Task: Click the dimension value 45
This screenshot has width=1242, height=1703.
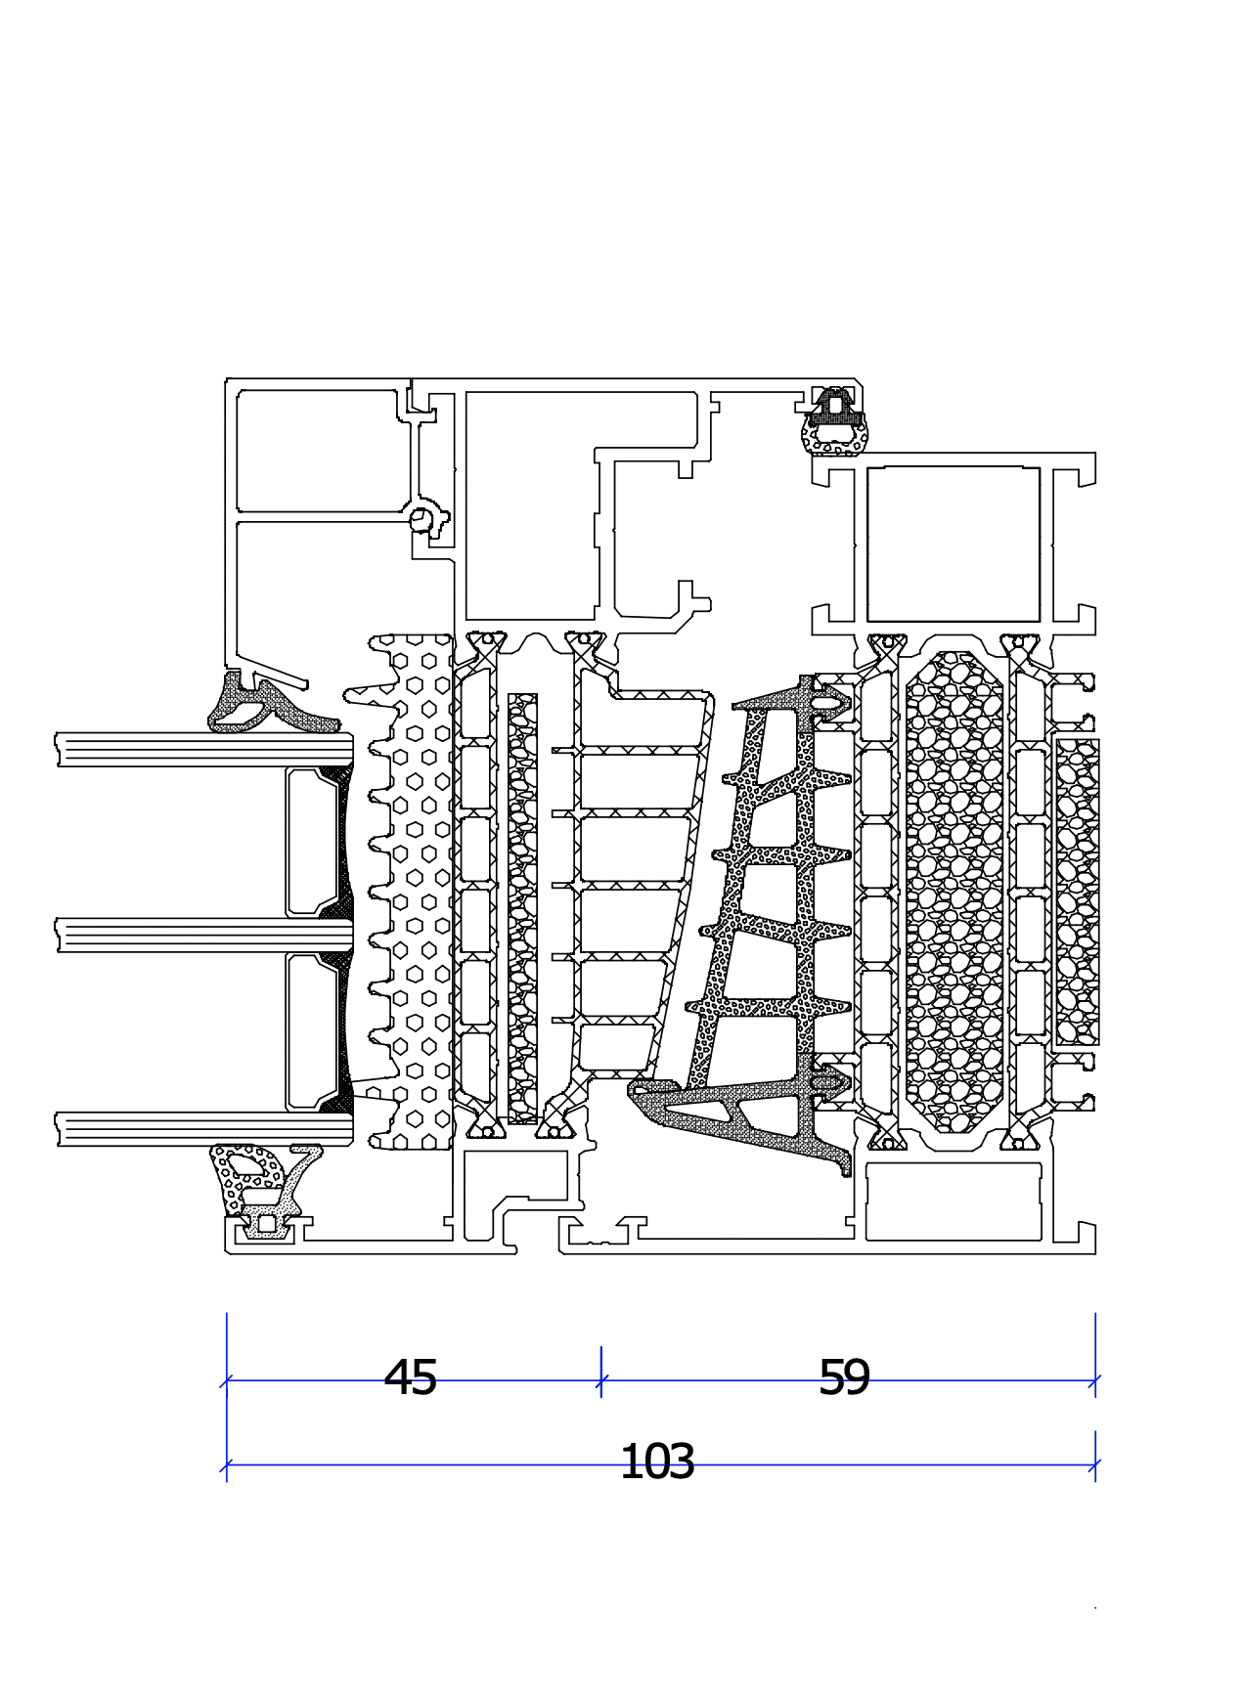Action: click(410, 1377)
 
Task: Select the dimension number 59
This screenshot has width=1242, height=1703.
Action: click(843, 1377)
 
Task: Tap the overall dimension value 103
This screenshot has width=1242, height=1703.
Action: click(657, 1462)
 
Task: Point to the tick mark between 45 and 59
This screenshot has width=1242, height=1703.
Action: click(600, 1380)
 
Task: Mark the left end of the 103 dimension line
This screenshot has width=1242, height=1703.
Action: click(227, 1464)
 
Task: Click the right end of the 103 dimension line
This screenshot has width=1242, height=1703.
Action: click(1095, 1464)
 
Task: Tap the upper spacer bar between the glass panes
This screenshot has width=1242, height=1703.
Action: click(313, 841)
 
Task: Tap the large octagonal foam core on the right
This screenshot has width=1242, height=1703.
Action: click(954, 890)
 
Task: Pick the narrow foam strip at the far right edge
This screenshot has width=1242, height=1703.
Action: click(1077, 890)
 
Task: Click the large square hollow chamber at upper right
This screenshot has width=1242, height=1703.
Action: click(954, 544)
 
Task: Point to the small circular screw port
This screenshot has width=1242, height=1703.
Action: click(421, 519)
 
